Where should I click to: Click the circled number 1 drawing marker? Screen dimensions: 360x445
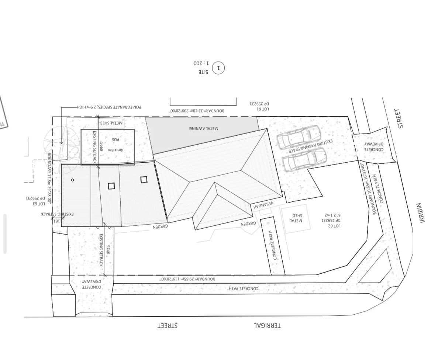tap(218, 68)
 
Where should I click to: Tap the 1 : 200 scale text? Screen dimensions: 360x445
tap(201, 63)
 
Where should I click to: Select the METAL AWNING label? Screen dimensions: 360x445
tap(204, 128)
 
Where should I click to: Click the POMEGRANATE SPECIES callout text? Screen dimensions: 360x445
tap(109, 107)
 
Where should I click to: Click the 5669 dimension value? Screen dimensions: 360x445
tap(102, 146)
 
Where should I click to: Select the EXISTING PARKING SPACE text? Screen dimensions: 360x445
tap(311, 146)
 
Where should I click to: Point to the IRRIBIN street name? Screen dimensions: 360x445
tap(421, 212)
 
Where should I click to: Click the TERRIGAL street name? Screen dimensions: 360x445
tap(267, 325)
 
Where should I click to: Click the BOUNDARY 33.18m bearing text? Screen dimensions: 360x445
tap(197, 111)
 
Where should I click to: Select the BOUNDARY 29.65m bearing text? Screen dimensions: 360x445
tap(187, 279)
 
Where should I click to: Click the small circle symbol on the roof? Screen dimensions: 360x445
tap(72, 180)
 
